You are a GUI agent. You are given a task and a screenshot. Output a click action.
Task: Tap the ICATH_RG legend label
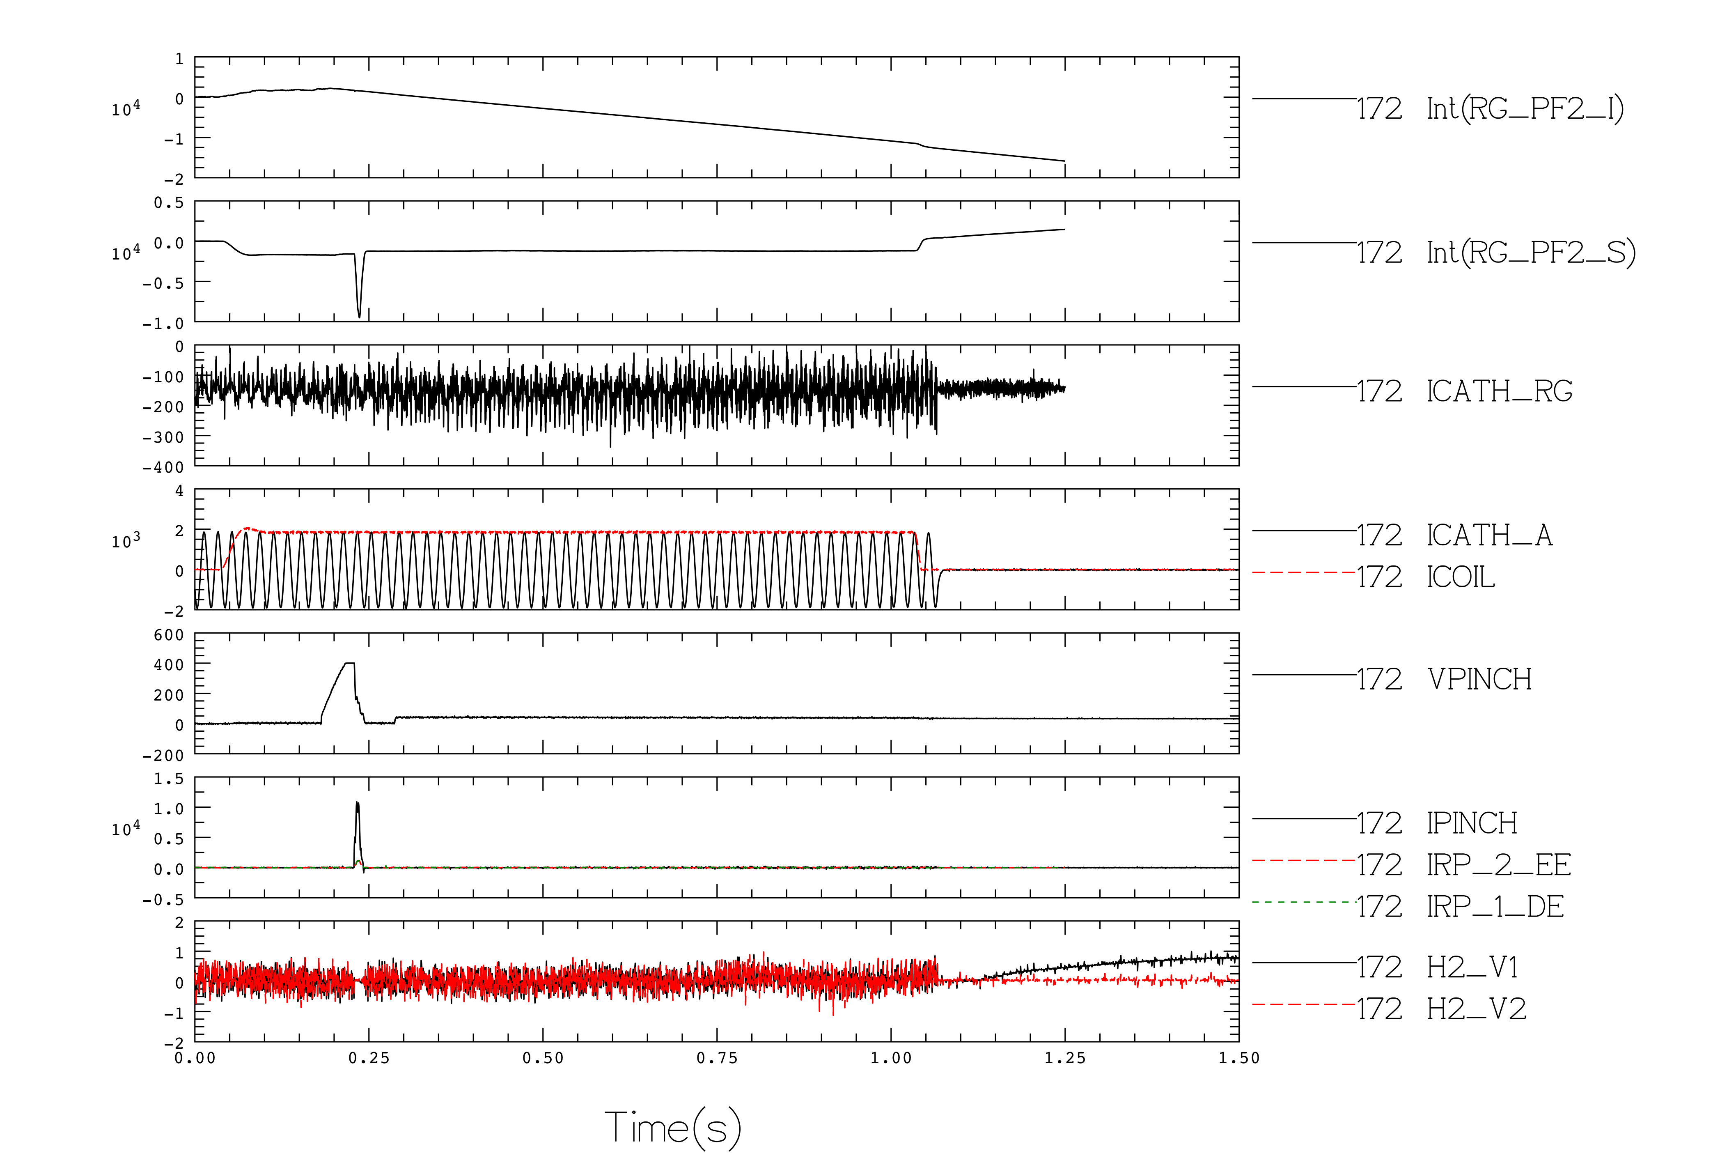pyautogui.click(x=1499, y=391)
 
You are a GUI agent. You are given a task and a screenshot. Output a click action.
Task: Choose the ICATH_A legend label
pyautogui.click(x=1489, y=535)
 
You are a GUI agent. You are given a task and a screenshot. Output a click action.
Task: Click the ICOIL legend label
pyautogui.click(x=1461, y=577)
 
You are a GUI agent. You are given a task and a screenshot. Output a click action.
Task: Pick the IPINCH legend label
pyautogui.click(x=1472, y=823)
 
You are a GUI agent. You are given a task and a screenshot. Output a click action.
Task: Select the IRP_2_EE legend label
pyautogui.click(x=1498, y=865)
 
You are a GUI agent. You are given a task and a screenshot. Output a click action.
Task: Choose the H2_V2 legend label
pyautogui.click(x=1476, y=1009)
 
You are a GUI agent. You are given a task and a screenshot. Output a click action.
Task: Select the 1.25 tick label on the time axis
pyautogui.click(x=1065, y=1058)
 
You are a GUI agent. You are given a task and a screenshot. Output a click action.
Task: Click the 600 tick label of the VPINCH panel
pyautogui.click(x=169, y=635)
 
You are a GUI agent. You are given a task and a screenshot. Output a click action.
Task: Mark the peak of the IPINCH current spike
pyautogui.click(x=357, y=803)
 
